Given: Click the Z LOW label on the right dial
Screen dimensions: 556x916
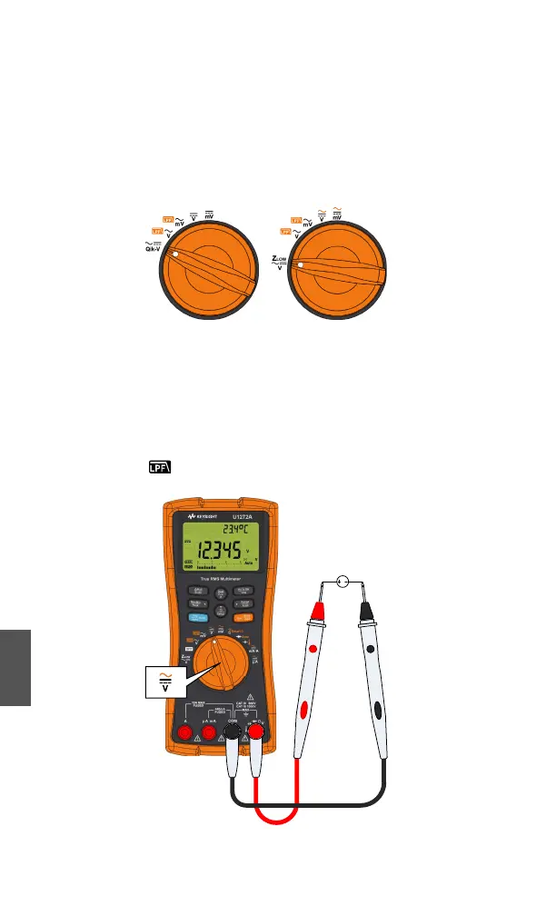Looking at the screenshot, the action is (x=281, y=263).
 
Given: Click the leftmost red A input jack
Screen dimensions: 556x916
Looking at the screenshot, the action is (x=184, y=732).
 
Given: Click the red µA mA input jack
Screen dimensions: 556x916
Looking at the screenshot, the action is (x=208, y=732).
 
